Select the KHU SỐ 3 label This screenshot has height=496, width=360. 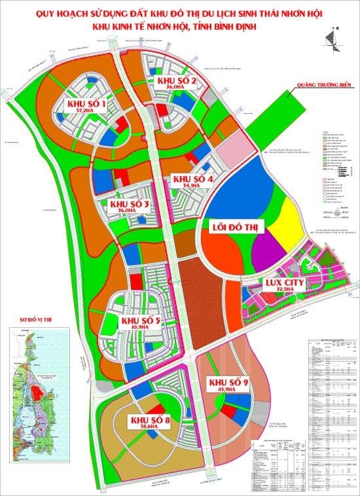tap(131, 205)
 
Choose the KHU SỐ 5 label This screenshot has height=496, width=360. tap(141, 321)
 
